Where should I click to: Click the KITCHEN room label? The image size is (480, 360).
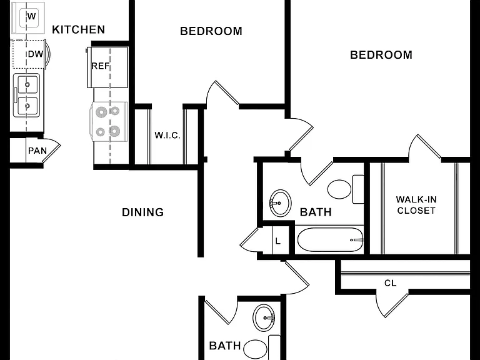78,29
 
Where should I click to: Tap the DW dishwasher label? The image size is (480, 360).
36,54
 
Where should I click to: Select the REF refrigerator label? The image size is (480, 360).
101,66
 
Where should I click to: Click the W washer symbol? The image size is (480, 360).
31,16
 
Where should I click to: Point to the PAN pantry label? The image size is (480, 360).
37,151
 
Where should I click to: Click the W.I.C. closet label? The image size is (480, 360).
167,135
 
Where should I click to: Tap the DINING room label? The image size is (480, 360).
142,212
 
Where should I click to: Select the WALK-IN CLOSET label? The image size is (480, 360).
416,205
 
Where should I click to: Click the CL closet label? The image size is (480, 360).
390,283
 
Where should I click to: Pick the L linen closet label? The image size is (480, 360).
277,241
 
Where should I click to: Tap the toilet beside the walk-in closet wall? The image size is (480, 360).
345,189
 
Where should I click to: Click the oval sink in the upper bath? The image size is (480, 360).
280,203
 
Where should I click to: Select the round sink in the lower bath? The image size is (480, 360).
264,317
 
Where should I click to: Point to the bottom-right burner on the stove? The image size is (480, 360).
114,131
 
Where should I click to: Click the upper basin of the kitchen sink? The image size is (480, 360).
27,84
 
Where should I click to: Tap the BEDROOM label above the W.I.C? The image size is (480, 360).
211,31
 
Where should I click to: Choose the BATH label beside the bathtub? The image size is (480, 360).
316,212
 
